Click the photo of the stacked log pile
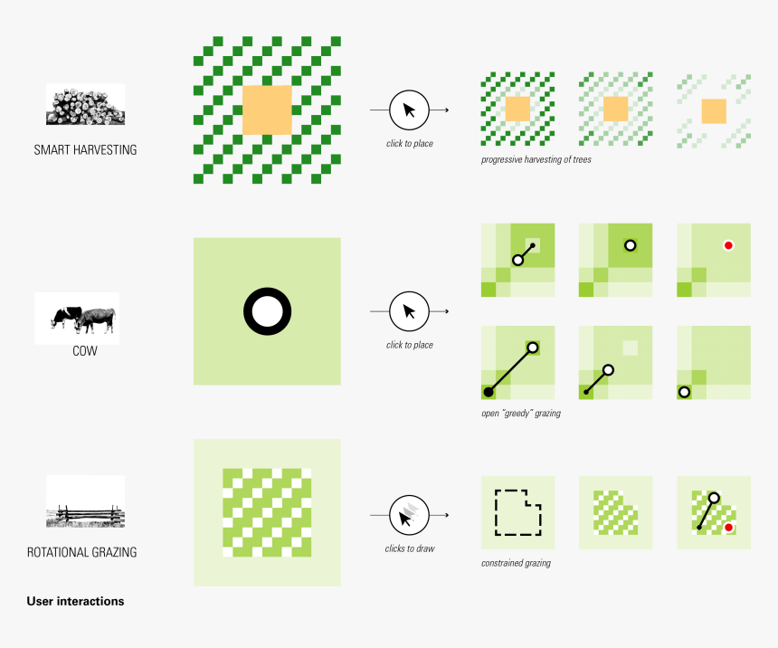85,104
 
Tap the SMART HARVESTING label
85,150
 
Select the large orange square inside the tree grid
267,110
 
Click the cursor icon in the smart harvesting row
409,110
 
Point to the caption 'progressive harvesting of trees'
536,160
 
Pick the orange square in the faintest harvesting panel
714,111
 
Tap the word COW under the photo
85,351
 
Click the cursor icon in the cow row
409,311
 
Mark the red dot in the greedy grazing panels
728,245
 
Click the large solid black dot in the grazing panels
489,392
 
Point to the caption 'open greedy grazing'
521,413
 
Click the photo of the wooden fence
85,501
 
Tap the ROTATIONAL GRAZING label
81,552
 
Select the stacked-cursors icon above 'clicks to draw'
409,515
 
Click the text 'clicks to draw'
410,548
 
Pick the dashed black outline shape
496,512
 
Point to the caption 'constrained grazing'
516,563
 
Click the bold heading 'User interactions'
75,601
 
